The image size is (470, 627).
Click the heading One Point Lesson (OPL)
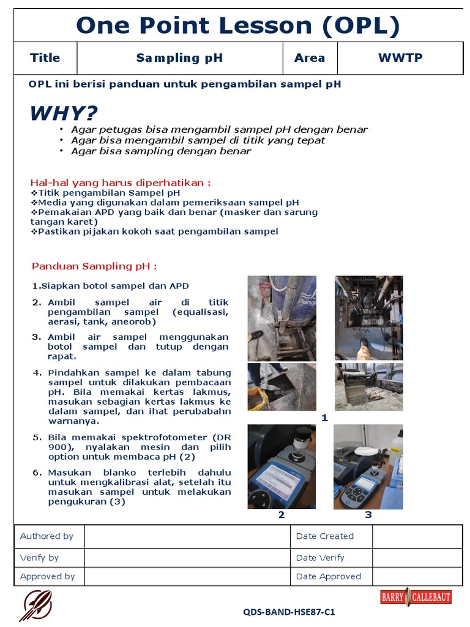click(x=237, y=26)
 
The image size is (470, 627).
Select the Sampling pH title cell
click(x=179, y=58)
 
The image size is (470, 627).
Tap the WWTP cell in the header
click(x=400, y=58)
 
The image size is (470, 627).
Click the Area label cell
click(x=310, y=58)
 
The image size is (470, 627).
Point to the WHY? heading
click(x=64, y=113)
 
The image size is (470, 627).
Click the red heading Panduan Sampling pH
click(x=94, y=266)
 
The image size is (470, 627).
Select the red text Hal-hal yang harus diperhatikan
click(x=121, y=182)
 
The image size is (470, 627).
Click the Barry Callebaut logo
click(x=416, y=598)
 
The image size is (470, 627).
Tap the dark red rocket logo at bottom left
click(x=35, y=606)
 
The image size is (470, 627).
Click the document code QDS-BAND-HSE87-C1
click(x=289, y=612)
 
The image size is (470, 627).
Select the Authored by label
click(x=47, y=536)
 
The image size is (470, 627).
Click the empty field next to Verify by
click(x=187, y=558)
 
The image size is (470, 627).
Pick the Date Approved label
click(x=329, y=576)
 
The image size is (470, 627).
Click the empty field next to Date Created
click(x=417, y=536)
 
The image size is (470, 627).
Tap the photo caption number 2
click(x=282, y=515)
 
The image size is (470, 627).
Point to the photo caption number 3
click(x=368, y=515)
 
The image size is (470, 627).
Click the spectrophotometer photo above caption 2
click(x=282, y=467)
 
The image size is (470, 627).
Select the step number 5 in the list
click(x=37, y=437)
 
